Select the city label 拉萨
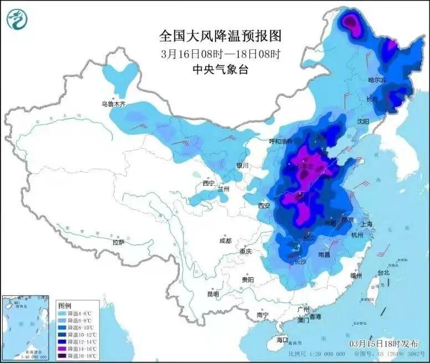[118, 242]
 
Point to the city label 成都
[225, 241]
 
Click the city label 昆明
[213, 294]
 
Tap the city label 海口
[282, 339]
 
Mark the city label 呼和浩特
[280, 141]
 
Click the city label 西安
[263, 206]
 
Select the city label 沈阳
[363, 121]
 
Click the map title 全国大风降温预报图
[221, 36]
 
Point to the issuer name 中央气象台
[221, 69]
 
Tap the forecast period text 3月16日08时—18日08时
[221, 54]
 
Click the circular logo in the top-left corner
[18, 19]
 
